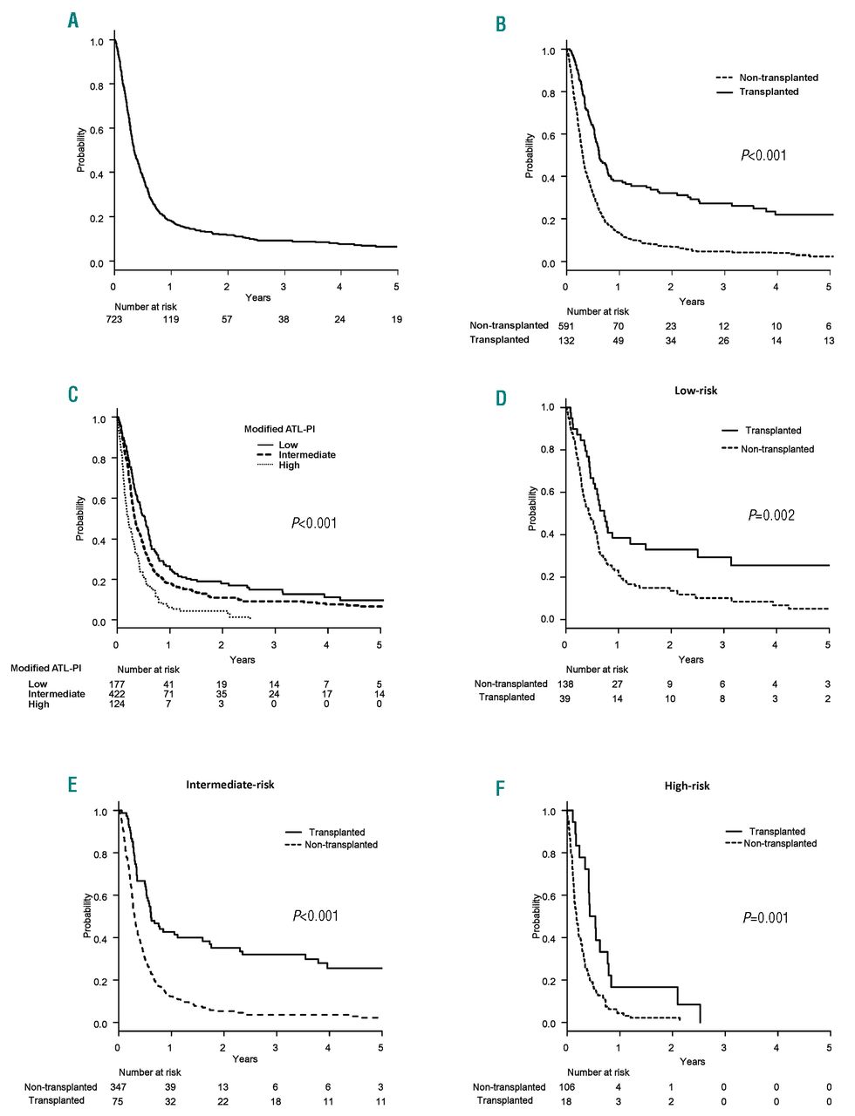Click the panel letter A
(73, 20)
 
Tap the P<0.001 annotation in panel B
(763, 155)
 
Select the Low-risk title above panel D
(696, 391)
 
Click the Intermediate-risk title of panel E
(229, 785)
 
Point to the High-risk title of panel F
(687, 786)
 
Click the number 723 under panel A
(114, 319)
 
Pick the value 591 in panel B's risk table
(567, 325)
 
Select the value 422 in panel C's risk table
(116, 694)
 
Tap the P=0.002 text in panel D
(771, 515)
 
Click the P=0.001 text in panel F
(765, 917)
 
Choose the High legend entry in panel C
(289, 466)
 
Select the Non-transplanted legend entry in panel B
(778, 78)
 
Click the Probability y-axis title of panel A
(81, 150)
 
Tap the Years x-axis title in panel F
(692, 1061)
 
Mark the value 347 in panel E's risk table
(118, 1087)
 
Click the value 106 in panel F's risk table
(568, 1087)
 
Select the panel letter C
(73, 394)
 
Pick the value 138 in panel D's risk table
(565, 684)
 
